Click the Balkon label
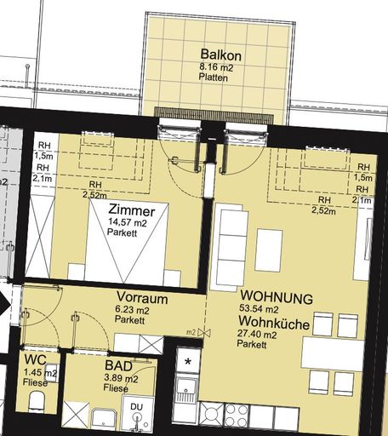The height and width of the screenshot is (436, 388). pos(221,55)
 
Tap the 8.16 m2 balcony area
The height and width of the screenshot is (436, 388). pos(217,67)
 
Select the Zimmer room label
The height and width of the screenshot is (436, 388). pos(132,210)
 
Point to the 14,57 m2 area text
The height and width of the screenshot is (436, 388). pos(127,223)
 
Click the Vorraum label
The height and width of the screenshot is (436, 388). pos(142,298)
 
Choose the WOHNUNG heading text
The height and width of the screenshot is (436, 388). pos(277,297)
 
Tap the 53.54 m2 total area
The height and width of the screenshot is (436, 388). pos(259,308)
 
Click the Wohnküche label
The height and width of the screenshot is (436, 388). pos(274,323)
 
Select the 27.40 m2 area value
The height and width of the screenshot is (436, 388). pos(257,335)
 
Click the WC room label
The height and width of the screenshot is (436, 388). pos(35,360)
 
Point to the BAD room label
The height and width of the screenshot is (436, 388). pos(118,365)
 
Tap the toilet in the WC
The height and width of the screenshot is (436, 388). pos(37,400)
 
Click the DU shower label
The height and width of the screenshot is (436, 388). pos(137,407)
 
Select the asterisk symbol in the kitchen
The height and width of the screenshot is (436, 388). pos(187,362)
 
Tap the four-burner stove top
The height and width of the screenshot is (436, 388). pos(237,415)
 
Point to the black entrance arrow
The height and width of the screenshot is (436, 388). pos(5,304)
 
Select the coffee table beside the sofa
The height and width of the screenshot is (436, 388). pos(269,250)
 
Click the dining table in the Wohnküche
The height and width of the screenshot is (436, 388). pos(333,353)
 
